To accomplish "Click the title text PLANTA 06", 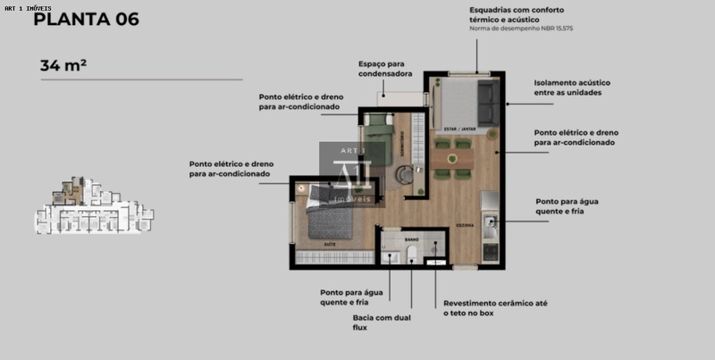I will (86, 19).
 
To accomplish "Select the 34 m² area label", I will (63, 65).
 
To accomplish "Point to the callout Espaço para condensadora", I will (385, 69).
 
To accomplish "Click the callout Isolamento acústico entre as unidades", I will (573, 87).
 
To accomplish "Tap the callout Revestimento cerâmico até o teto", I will (495, 308).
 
